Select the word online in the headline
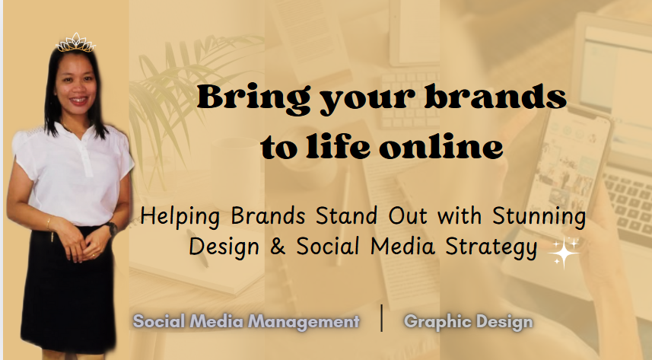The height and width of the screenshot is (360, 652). [441, 146]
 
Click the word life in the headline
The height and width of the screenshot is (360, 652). [338, 146]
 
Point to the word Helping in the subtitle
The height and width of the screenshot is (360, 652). [180, 216]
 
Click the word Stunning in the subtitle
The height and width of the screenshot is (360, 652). [539, 216]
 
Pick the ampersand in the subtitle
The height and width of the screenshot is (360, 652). [278, 246]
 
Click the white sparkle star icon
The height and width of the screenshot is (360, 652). [564, 253]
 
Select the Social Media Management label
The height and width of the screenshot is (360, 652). [246, 321]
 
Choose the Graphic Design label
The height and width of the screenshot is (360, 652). [468, 322]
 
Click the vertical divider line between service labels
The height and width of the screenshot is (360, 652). [382, 318]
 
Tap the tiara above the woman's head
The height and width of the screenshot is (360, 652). [75, 43]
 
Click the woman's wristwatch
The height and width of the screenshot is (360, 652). [111, 228]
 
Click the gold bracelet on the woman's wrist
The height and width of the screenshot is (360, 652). [49, 224]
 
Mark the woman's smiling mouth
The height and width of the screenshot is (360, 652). [78, 100]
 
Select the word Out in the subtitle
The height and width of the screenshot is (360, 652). [408, 216]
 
